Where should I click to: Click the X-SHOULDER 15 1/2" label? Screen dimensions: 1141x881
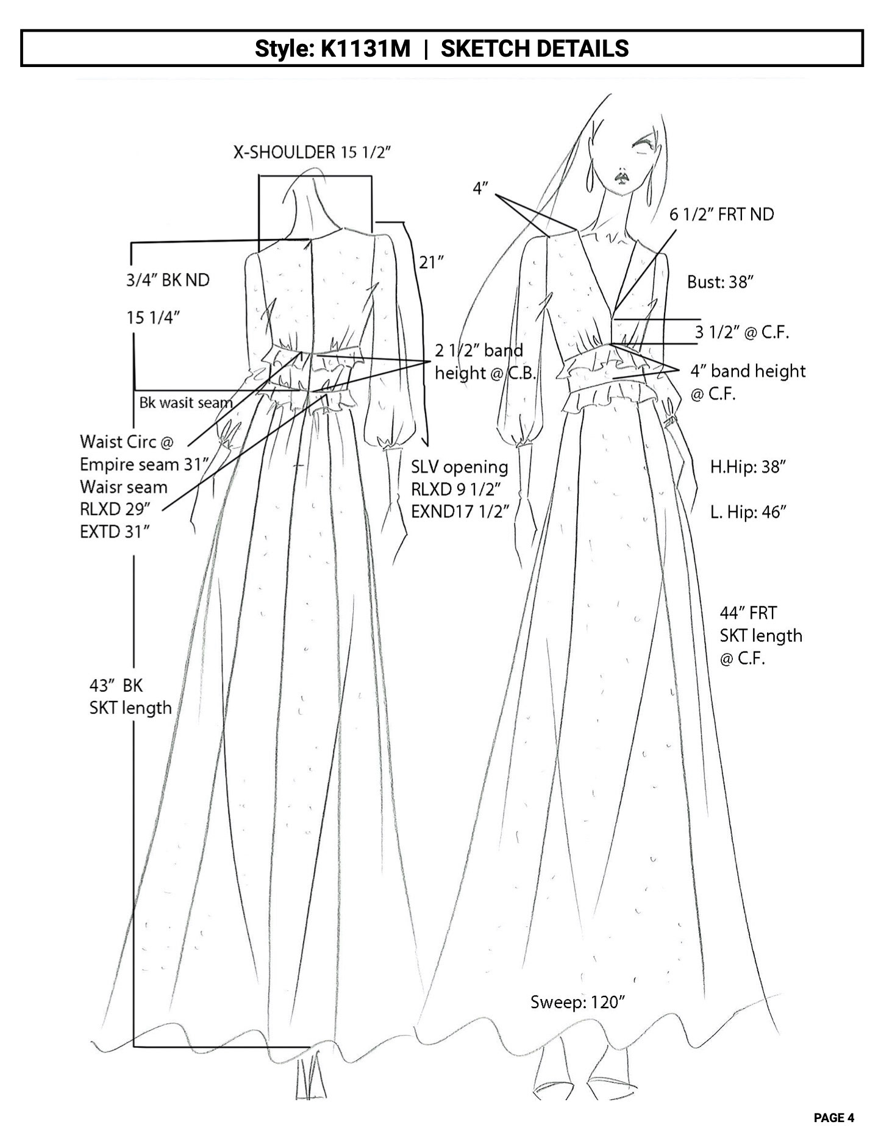tap(312, 152)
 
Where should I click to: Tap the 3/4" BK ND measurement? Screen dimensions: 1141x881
tap(168, 280)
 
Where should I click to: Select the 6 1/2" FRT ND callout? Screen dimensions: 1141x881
tap(721, 215)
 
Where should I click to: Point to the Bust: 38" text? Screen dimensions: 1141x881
tap(721, 282)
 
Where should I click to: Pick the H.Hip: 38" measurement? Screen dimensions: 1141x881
tap(747, 467)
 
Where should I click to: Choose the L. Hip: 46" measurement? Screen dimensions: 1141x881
tap(748, 512)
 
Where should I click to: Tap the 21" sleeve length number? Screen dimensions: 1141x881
tap(431, 262)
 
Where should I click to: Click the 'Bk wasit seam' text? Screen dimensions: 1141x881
tap(186, 403)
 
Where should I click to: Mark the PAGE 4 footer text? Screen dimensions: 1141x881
tap(833, 1118)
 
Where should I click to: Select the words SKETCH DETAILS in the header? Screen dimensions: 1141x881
tap(535, 48)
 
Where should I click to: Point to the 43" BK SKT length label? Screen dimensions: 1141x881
tap(130, 697)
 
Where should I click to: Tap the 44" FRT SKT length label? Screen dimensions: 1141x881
tap(760, 636)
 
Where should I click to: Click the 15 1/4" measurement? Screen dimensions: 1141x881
tap(152, 318)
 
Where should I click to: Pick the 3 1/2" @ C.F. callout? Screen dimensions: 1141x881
tap(742, 332)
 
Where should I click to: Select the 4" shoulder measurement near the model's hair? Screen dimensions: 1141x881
tap(481, 189)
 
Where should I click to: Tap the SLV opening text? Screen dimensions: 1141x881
tap(459, 467)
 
